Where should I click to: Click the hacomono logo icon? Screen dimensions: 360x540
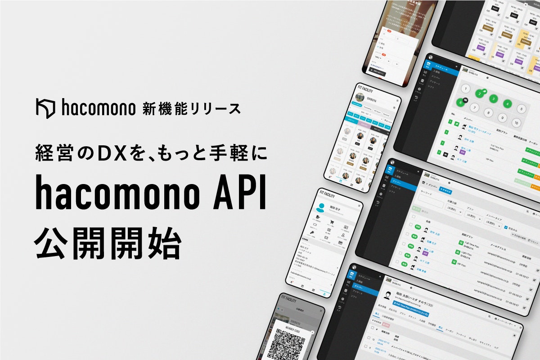coord(45,108)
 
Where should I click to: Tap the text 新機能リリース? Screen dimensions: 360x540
coord(191,108)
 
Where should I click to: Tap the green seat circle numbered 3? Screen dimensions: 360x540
coord(494,99)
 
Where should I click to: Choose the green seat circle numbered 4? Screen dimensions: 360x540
coord(508,104)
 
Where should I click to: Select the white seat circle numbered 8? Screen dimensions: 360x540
coord(489,113)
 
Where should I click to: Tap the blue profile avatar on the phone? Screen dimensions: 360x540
coord(321,208)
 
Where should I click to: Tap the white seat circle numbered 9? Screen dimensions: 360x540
coord(503,118)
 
